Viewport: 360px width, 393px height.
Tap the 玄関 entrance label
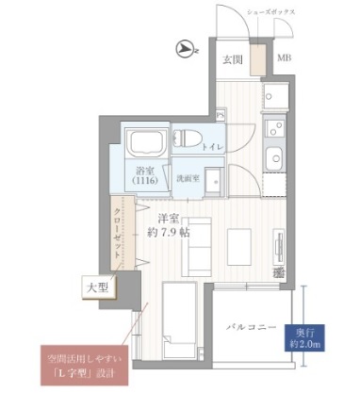(233, 59)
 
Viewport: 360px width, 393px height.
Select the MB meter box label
(283, 59)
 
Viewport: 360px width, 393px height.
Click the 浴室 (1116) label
(145, 177)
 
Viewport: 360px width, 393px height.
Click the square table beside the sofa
(237, 243)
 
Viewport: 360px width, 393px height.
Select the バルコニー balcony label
(250, 327)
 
